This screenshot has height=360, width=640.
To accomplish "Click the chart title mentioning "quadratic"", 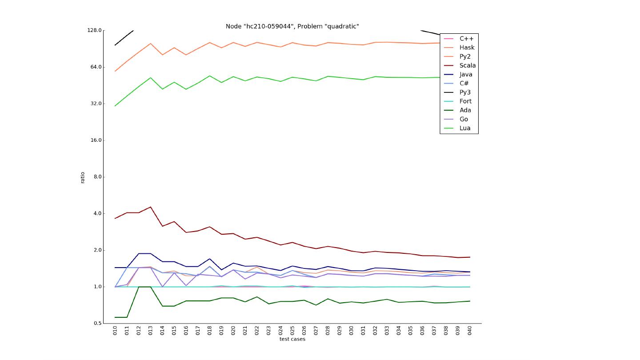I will pyautogui.click(x=292, y=26).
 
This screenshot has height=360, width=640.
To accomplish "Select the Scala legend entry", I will pyautogui.click(x=467, y=65).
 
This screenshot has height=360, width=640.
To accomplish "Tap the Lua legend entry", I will pyautogui.click(x=464, y=128).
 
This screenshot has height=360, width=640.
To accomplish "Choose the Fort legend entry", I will pyautogui.click(x=465, y=101).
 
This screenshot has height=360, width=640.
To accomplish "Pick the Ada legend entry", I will pyautogui.click(x=465, y=110).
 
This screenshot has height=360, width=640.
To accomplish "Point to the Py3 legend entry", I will pyautogui.click(x=465, y=92).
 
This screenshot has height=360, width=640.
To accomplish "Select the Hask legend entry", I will pyautogui.click(x=467, y=48).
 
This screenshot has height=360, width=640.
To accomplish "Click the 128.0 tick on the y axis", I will pyautogui.click(x=94, y=30).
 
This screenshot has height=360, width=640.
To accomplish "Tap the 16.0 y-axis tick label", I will pyautogui.click(x=96, y=140).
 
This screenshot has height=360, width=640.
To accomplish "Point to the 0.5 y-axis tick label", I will pyautogui.click(x=97, y=324).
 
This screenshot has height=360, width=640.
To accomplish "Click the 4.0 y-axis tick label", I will pyautogui.click(x=97, y=213).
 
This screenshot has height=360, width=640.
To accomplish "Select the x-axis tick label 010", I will pyautogui.click(x=115, y=330).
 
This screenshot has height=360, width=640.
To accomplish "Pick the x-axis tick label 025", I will pyautogui.click(x=292, y=330).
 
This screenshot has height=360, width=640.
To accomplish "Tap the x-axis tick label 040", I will pyautogui.click(x=469, y=330).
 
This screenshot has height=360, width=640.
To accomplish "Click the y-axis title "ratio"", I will pyautogui.click(x=83, y=177).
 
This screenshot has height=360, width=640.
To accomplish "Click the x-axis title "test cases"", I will pyautogui.click(x=292, y=339).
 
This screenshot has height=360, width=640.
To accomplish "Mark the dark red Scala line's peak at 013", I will pyautogui.click(x=151, y=207).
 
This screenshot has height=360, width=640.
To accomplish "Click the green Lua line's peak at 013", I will pyautogui.click(x=151, y=78).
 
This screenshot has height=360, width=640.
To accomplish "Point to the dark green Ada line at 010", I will pyautogui.click(x=115, y=317).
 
